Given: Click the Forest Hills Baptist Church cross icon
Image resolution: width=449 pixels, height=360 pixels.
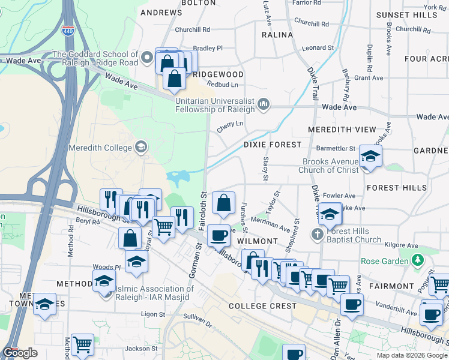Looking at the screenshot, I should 317,233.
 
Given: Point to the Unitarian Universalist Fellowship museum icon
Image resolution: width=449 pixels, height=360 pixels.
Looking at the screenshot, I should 263,106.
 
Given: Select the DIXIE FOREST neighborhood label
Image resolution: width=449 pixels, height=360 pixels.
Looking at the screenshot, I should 272,145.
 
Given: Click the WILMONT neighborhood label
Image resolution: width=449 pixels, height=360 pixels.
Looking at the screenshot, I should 257,241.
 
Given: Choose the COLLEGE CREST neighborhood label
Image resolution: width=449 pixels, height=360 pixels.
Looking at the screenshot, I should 262,306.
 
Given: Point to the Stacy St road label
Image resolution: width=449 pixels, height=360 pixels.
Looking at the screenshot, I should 265,168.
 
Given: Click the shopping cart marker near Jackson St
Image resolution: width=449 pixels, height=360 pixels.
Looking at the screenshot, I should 82,344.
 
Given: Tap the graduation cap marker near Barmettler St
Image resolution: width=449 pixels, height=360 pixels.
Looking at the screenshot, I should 370,157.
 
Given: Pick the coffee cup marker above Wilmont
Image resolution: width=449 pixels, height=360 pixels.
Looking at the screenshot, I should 219,235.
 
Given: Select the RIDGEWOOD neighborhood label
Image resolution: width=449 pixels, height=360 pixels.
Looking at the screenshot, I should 218,74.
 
